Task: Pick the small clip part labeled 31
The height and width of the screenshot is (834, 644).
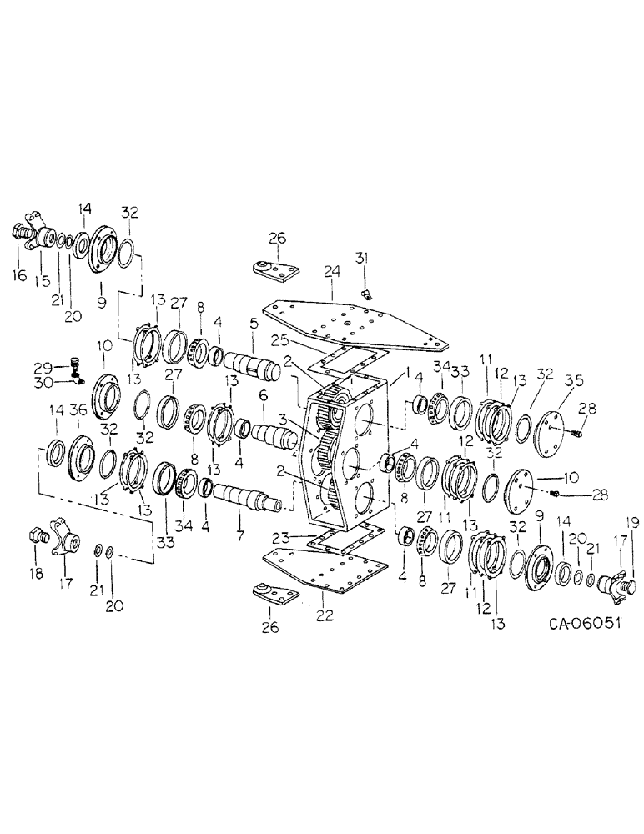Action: (366, 293)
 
